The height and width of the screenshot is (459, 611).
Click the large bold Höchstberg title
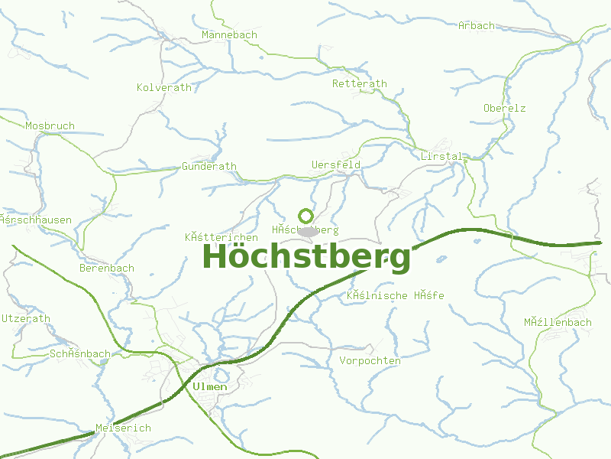coord(306,257)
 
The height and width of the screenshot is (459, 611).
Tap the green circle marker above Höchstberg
coord(305,216)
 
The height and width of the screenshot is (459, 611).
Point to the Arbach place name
coord(477,25)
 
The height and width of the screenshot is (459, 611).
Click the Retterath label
coord(360,83)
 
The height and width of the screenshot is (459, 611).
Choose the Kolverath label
coord(164,87)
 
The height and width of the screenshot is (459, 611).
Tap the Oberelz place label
coord(504,108)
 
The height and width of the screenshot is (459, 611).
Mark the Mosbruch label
coord(50,125)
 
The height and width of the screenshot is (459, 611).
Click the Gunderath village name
coord(209,166)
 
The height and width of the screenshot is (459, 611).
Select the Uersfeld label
coord(336,164)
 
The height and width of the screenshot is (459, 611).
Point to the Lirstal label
coord(441,156)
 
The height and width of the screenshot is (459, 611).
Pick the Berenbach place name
coord(107,268)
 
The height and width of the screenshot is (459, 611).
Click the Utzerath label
coord(26,318)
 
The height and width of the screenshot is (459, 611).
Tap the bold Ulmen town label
coord(210,386)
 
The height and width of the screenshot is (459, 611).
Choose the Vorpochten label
coord(370,360)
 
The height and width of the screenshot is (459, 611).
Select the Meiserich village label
coord(124,428)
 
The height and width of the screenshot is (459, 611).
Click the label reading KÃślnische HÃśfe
coord(395,295)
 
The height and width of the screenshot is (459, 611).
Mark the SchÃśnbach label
coord(79,353)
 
